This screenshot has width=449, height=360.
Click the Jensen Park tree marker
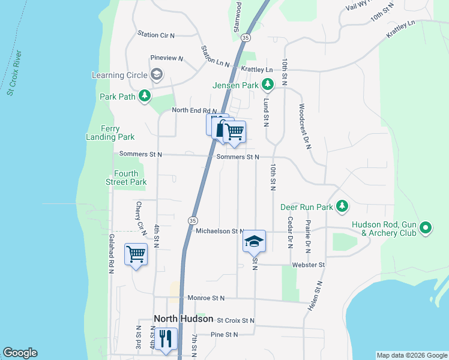coord(268,85)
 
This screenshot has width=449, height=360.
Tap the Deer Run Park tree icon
coord(342,207)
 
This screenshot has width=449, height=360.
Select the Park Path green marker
coord(144,96)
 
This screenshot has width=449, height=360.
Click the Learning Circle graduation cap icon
coord(157,75)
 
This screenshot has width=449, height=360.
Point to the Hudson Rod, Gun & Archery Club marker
coord(426,228)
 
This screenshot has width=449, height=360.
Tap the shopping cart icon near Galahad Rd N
coord(136,254)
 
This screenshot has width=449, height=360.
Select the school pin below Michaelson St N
coord(254,241)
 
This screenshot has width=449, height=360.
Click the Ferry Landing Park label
coord(110,133)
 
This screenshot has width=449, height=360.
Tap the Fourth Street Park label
coord(126,178)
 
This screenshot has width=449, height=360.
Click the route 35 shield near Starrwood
coord(245,37)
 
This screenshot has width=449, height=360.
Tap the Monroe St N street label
coord(205,298)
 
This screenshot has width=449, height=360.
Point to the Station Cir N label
coord(155,35)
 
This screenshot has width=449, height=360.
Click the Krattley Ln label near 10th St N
coord(257,70)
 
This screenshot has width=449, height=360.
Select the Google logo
coord(20,353)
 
